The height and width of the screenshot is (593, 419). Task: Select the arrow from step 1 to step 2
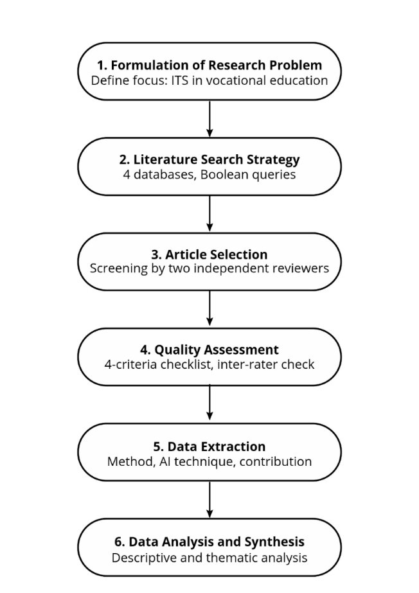(x=209, y=119)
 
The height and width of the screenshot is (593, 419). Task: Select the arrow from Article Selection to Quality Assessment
(x=209, y=308)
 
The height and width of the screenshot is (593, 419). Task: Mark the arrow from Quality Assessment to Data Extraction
(x=209, y=403)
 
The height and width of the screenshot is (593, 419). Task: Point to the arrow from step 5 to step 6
(x=209, y=500)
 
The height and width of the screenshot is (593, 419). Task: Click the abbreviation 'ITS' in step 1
(x=180, y=80)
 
